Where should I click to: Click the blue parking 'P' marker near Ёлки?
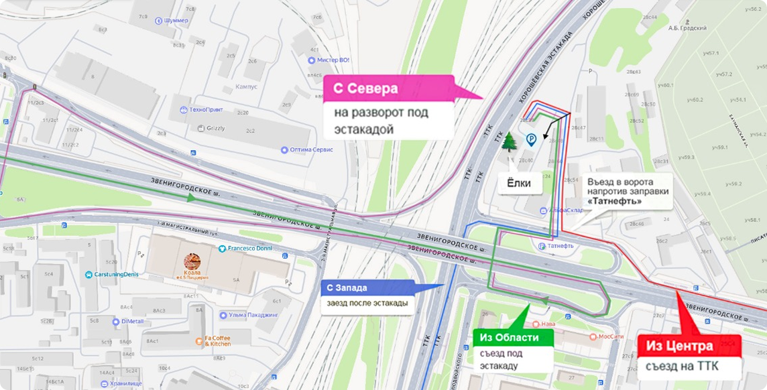[x=530, y=141]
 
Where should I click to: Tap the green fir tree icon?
[x=510, y=142]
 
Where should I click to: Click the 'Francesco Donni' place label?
[x=248, y=249]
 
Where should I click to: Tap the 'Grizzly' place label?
[x=215, y=127]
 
